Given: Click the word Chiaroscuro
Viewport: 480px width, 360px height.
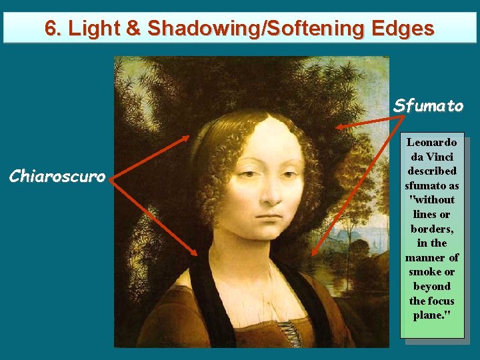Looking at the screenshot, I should [57, 177].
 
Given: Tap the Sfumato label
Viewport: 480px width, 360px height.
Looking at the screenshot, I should [428, 106].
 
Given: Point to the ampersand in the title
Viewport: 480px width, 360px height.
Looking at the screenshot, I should [134, 29].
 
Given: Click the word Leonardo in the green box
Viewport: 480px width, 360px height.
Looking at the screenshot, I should [431, 142].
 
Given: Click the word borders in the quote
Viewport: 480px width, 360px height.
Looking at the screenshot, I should [431, 229].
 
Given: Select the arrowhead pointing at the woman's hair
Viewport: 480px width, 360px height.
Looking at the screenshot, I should [187, 138].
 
